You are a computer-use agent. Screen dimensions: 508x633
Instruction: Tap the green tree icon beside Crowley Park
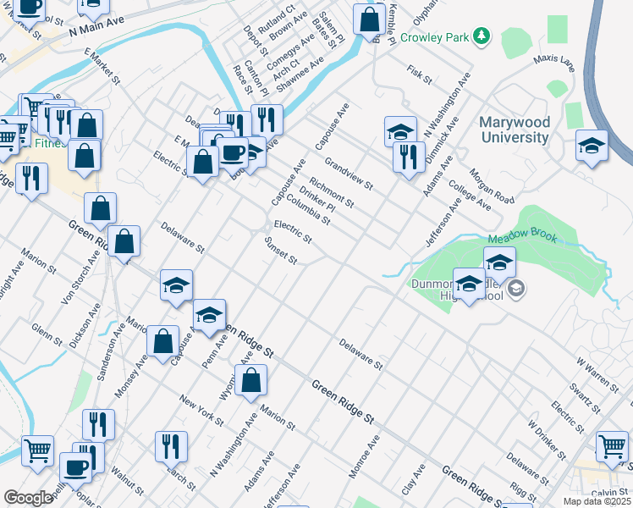pos(482,36)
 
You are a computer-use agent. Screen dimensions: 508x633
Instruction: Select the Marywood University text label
pos(526,130)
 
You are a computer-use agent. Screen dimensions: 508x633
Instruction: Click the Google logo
pos(28,498)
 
